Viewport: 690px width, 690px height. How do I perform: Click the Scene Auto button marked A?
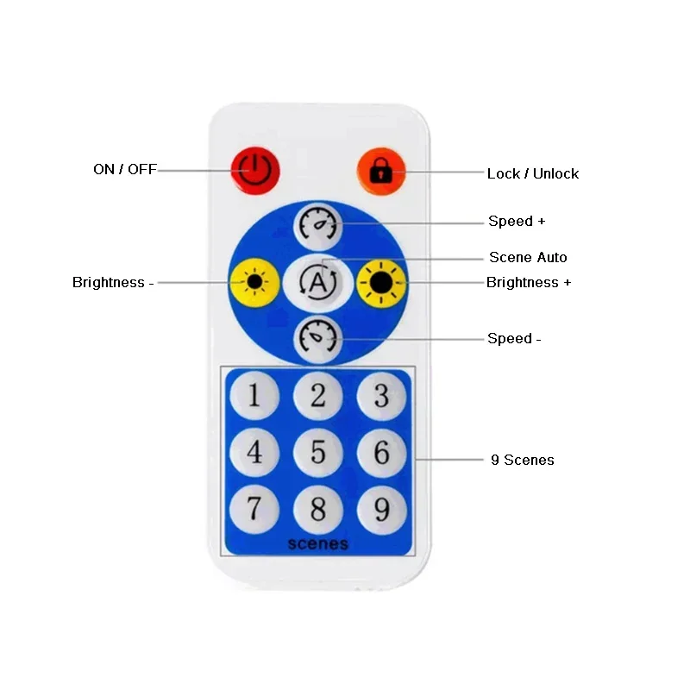click(x=318, y=281)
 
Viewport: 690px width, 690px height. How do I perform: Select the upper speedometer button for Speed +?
click(x=318, y=224)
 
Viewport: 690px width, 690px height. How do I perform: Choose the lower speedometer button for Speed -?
click(x=318, y=338)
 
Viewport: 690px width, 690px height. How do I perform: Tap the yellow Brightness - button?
click(x=255, y=281)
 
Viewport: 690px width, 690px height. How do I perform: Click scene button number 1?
click(x=254, y=396)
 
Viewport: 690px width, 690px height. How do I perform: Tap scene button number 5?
click(x=318, y=453)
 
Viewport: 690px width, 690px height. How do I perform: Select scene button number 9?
click(x=381, y=510)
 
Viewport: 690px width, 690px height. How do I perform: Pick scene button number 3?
click(x=381, y=396)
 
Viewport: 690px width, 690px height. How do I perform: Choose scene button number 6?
click(x=381, y=453)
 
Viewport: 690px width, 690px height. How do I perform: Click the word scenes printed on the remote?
click(x=318, y=544)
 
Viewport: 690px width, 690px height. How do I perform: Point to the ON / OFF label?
click(x=125, y=170)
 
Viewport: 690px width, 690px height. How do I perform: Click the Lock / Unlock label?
click(x=532, y=173)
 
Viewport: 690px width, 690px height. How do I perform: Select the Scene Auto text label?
click(x=528, y=257)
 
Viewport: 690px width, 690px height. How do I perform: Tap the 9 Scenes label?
click(x=523, y=460)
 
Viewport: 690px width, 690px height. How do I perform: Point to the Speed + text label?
click(x=517, y=222)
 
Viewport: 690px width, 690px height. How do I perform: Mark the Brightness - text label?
click(x=113, y=282)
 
